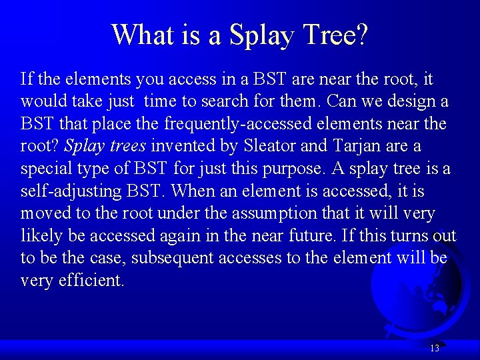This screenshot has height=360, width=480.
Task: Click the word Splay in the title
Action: pyautogui.click(x=261, y=35)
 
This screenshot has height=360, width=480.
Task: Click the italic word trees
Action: pyautogui.click(x=125, y=146)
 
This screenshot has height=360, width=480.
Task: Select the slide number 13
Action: pyautogui.click(x=435, y=348)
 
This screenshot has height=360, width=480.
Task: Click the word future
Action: pyautogui.click(x=366, y=235)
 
